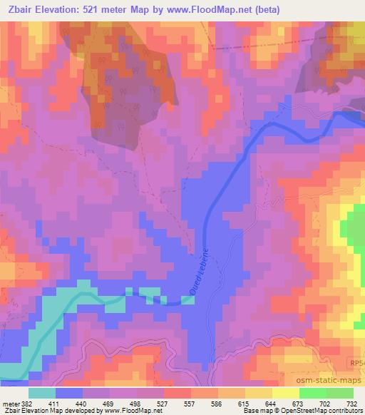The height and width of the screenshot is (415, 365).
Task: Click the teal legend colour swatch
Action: (x=42, y=393)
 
